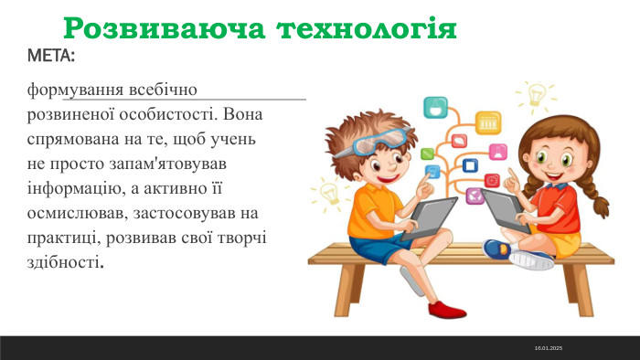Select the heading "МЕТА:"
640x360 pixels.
point(52,58)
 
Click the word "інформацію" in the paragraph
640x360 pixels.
point(75,188)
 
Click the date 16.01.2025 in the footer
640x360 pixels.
point(549,349)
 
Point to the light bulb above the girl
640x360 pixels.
point(536,93)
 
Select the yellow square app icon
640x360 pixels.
point(488,122)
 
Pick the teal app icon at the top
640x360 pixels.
point(435,108)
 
